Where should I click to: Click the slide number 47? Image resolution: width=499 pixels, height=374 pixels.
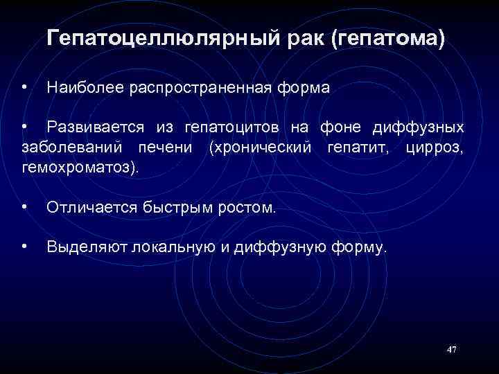[452, 350]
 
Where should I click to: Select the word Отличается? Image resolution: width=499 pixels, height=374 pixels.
[91, 206]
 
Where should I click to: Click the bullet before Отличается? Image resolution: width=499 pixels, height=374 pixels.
[24, 206]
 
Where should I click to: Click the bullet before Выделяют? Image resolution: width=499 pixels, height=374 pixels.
[24, 246]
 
